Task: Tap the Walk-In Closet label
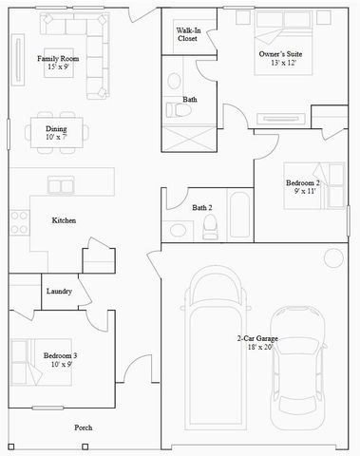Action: coord(187,34)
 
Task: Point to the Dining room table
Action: coord(56,132)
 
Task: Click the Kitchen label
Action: coord(64,220)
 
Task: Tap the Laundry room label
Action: coord(59,291)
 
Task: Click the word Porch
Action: coord(85,427)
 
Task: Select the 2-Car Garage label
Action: coord(257,338)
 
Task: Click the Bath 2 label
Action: coord(201,207)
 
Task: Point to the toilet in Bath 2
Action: coord(210,226)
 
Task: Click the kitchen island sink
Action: coord(61,184)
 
